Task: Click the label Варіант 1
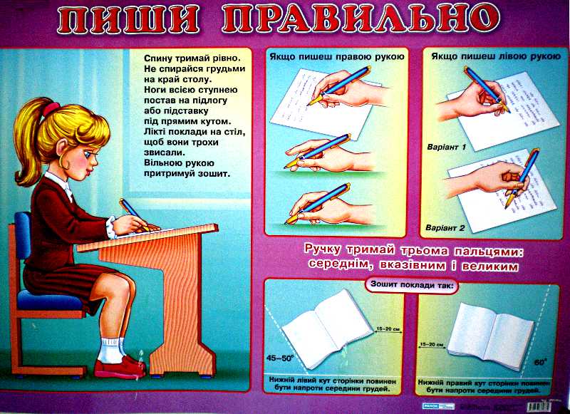pyautogui.click(x=446, y=147)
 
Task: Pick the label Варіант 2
pyautogui.click(x=446, y=228)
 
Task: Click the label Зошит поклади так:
pyautogui.click(x=412, y=286)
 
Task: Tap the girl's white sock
pyautogui.click(x=110, y=350)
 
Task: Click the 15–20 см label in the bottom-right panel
pyautogui.click(x=432, y=344)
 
